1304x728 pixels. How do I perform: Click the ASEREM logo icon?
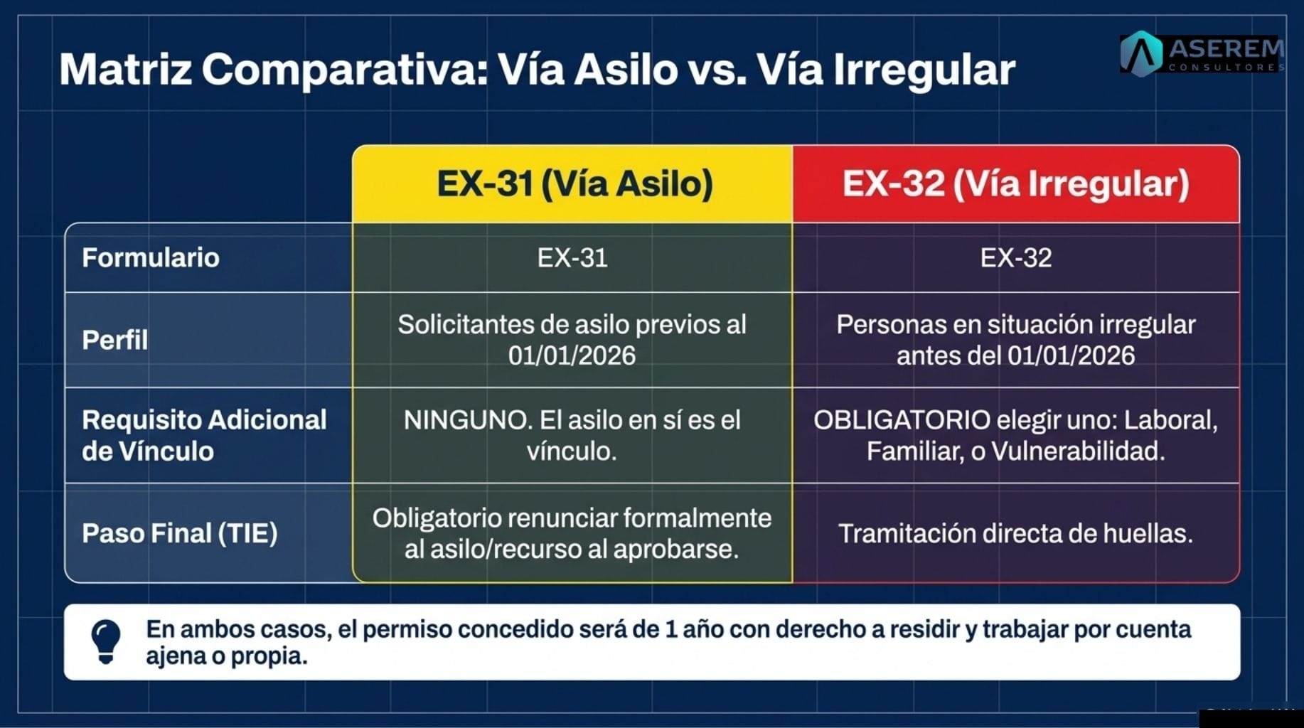click(x=1141, y=53)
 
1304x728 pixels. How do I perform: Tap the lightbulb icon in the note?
click(x=106, y=641)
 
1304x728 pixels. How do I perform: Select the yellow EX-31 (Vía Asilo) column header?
click(x=574, y=183)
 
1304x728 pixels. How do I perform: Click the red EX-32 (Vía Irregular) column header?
click(x=1015, y=183)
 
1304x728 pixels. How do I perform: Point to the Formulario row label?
click(x=151, y=257)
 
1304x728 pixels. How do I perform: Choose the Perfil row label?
click(x=115, y=340)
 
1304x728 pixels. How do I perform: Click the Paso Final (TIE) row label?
click(x=179, y=533)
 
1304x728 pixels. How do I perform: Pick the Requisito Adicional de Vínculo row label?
click(x=204, y=435)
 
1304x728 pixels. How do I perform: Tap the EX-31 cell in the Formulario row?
click(x=572, y=257)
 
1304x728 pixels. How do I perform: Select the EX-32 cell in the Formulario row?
click(x=1015, y=257)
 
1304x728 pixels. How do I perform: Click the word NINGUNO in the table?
click(x=467, y=420)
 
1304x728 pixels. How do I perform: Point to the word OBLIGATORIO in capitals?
click(x=902, y=420)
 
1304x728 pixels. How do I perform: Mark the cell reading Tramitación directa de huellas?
click(x=1015, y=533)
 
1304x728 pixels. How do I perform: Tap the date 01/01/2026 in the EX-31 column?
click(x=572, y=355)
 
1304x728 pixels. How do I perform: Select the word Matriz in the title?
click(x=125, y=70)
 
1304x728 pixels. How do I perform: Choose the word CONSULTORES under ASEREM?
click(x=1226, y=68)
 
